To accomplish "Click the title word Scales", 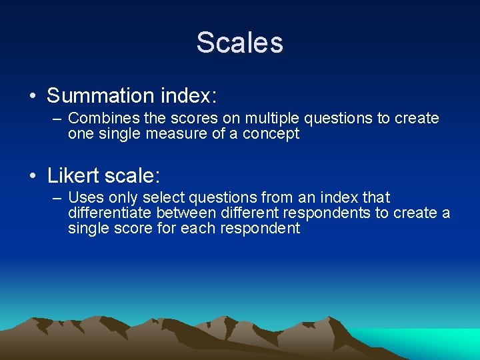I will (x=239, y=43).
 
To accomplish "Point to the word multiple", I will (x=273, y=119).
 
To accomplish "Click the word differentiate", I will (x=110, y=213).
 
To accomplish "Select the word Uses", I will (x=83, y=198).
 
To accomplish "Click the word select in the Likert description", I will (x=166, y=198).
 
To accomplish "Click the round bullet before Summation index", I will (x=33, y=97).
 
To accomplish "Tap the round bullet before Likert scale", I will (x=33, y=177).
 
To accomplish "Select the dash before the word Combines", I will (x=56, y=119).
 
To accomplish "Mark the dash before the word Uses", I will (x=56, y=199).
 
